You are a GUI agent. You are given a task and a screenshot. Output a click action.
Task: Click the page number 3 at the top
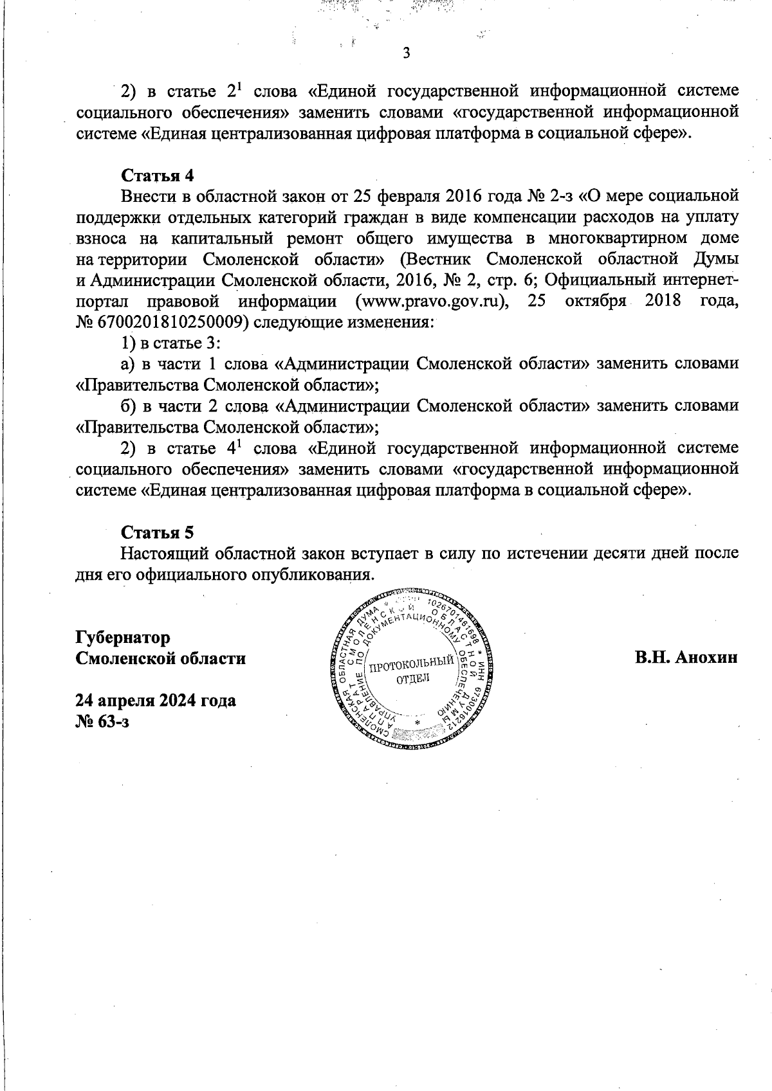point(406,53)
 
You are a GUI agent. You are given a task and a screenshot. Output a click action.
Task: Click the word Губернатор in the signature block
point(123,638)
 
